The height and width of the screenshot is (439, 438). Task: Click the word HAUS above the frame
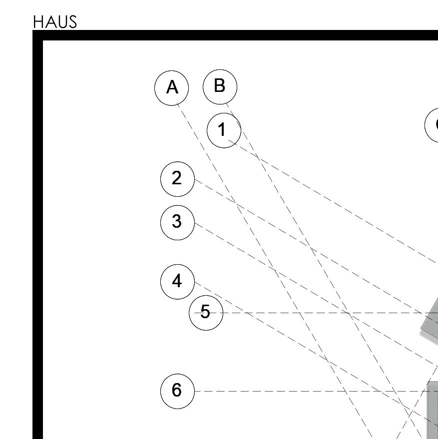pos(55,22)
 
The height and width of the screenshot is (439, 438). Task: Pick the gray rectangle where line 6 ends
pos(433,410)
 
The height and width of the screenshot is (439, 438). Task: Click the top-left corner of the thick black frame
pos(33,30)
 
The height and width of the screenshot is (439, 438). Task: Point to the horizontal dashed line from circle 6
pos(316,391)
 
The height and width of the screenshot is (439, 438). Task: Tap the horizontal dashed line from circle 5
pos(316,313)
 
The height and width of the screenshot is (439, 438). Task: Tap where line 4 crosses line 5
pos(246,313)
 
